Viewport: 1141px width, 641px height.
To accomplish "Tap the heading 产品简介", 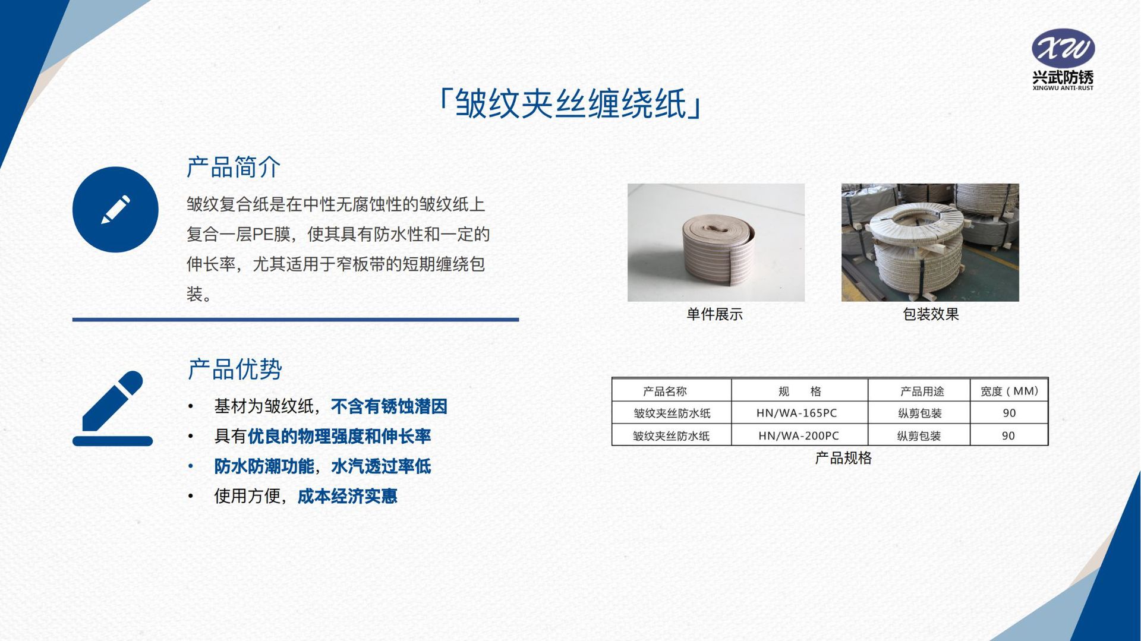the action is [x=234, y=167].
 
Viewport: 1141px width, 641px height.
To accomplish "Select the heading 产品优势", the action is [x=235, y=369].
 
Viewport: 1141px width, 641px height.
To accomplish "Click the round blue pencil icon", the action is [x=115, y=210].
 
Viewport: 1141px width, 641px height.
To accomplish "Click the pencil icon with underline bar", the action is [x=112, y=409].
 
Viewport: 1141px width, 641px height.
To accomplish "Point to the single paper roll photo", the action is [x=716, y=242].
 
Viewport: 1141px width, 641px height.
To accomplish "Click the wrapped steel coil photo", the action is [x=930, y=242].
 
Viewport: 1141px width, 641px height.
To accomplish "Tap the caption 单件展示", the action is [x=715, y=314].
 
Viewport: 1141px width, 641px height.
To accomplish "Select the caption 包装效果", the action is [x=931, y=314].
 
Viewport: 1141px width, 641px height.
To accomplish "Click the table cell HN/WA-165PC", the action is [x=796, y=413].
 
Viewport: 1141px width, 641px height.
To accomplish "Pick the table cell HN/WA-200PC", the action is [x=799, y=435].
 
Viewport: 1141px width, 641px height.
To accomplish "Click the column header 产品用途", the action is [x=922, y=391].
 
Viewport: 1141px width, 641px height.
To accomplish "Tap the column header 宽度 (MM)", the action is [x=1009, y=391].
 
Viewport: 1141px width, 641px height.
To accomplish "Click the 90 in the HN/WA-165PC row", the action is [x=1009, y=413].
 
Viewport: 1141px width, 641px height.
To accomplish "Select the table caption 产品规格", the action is [x=843, y=458].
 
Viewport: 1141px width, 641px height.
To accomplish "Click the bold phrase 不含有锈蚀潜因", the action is [x=389, y=406].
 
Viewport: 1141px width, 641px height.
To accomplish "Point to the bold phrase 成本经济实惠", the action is [x=347, y=496].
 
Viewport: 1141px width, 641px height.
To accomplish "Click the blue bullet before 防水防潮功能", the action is [x=191, y=466].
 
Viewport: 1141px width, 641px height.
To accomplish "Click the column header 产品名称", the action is [x=664, y=391].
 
